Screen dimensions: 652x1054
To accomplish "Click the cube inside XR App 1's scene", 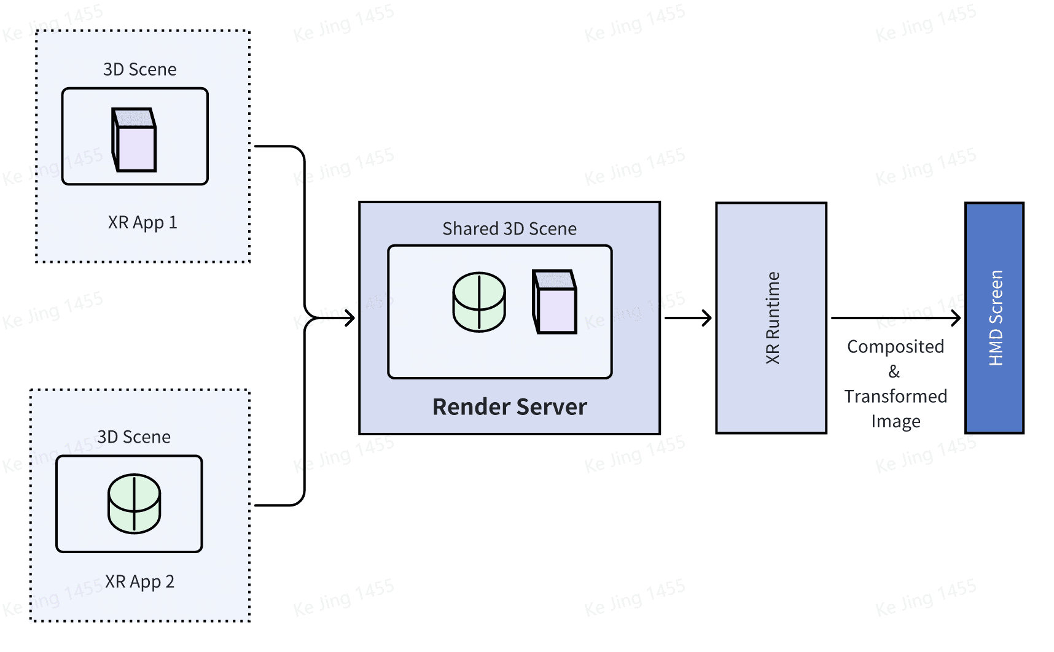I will coord(134,140).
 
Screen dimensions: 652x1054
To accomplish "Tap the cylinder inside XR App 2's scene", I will coord(134,503).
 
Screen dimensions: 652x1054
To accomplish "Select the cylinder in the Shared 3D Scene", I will coord(479,302).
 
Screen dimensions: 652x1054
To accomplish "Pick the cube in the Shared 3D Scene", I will coord(554,302).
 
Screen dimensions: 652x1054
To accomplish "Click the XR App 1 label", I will coord(142,222).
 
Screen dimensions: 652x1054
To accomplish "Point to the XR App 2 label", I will coord(139,581).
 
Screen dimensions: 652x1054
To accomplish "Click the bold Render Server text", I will coord(509,407).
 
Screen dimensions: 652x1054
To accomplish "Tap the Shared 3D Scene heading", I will coord(509,229).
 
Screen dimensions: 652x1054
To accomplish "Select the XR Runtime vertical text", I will coord(772,318).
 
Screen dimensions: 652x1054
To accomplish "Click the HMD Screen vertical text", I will coord(995,318).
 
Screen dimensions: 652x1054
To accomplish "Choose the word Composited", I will coord(895,347).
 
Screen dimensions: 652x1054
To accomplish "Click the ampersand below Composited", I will coord(894,371).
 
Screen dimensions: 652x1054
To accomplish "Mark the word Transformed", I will coord(895,397).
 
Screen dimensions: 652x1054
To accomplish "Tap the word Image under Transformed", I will coord(895,422).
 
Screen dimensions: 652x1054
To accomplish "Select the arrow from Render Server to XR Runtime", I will coord(688,318).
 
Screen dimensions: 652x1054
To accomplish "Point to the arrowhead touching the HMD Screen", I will coord(956,318).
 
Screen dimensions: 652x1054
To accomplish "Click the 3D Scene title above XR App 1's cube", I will coord(139,69).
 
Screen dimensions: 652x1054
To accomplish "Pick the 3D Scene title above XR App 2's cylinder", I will coord(134,437).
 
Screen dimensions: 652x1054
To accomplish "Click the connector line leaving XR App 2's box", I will coord(276,505).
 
